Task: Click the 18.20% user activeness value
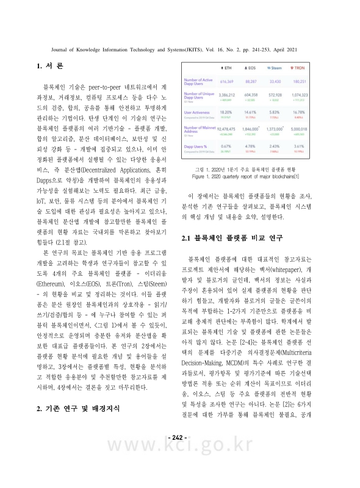pyautogui.click(x=226, y=112)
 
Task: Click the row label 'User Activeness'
pyautogui.click(x=198, y=113)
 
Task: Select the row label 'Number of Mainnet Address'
pyautogui.click(x=199, y=129)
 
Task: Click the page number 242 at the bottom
pyautogui.click(x=179, y=437)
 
